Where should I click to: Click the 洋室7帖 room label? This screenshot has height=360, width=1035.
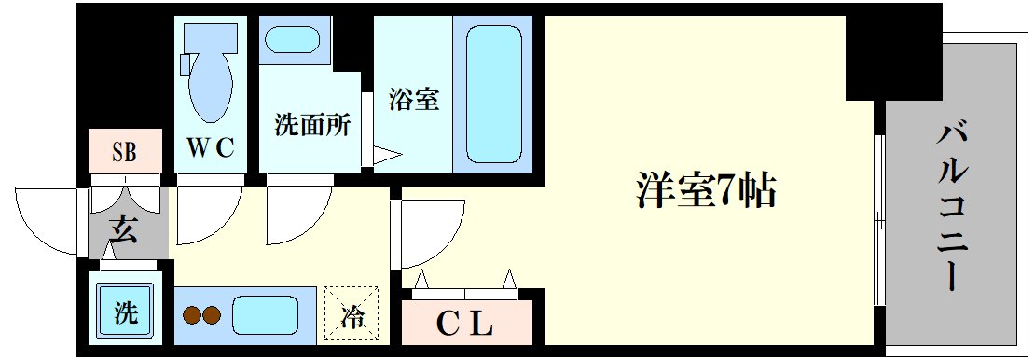[706, 191]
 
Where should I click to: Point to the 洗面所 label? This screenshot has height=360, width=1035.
[312, 126]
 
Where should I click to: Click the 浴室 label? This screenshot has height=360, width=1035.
[413, 99]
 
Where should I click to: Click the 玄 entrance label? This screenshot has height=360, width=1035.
[124, 228]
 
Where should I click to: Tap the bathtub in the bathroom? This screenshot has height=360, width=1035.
[491, 93]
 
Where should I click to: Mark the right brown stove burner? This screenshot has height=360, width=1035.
[213, 315]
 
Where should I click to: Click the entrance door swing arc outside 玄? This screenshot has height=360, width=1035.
[51, 219]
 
